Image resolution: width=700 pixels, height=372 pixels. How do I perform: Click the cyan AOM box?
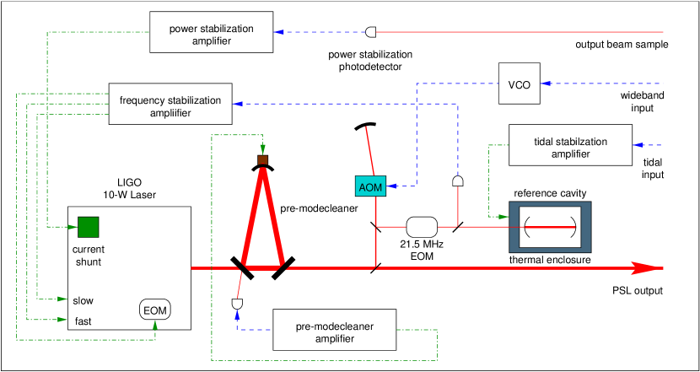(370, 186)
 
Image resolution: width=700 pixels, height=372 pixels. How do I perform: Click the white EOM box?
(154, 310)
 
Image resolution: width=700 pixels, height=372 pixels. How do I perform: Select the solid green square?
(88, 227)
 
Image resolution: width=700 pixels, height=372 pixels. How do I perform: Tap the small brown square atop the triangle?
(262, 159)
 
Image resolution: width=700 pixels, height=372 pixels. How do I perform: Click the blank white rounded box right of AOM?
(422, 227)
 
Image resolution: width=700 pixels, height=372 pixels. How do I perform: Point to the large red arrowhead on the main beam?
(645, 268)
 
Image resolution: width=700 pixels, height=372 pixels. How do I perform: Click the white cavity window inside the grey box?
(550, 227)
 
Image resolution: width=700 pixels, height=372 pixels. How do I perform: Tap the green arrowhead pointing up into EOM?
(155, 325)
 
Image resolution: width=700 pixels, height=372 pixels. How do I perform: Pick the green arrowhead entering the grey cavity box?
(503, 217)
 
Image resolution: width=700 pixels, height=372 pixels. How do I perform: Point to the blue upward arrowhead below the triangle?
(237, 315)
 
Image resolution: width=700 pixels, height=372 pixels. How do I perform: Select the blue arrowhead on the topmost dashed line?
(278, 32)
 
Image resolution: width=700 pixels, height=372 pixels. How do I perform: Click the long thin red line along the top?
(519, 32)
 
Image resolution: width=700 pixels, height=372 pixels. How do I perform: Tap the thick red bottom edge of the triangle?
(262, 267)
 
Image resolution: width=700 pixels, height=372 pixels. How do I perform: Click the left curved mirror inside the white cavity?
(527, 227)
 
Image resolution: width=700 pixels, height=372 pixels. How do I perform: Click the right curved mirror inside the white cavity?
(574, 227)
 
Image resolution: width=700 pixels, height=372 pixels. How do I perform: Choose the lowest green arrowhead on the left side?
(62, 320)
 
